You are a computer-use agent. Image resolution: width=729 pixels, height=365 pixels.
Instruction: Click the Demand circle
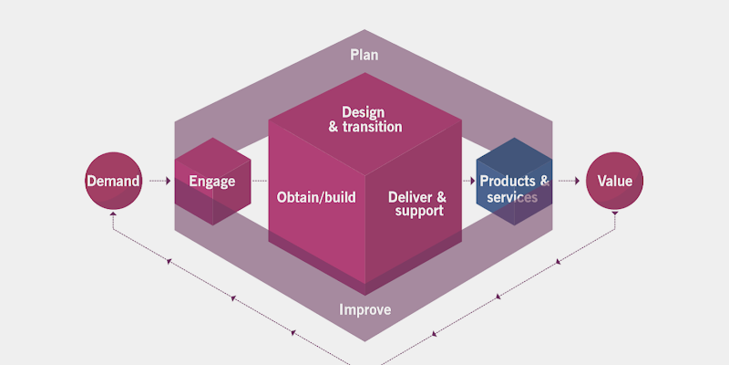tap(113, 181)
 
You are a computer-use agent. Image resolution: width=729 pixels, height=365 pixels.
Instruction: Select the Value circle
tap(614, 181)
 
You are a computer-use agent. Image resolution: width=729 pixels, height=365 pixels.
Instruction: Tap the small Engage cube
tap(212, 181)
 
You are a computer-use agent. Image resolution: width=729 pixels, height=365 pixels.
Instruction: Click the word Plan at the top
tap(364, 55)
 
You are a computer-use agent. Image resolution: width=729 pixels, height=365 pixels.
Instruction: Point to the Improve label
tap(364, 310)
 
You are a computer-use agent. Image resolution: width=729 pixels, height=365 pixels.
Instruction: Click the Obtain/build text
tap(315, 196)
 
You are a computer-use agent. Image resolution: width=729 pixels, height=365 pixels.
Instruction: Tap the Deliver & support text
tap(417, 203)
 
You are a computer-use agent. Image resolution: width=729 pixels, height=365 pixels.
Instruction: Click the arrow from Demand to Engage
tap(159, 181)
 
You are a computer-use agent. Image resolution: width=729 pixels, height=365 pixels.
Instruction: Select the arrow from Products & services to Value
tap(570, 181)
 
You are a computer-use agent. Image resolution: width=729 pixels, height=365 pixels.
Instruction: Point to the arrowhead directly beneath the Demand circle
tap(113, 215)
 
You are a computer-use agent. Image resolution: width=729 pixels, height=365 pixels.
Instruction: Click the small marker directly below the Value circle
tap(614, 214)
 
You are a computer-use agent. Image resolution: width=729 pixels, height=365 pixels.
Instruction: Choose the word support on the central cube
tap(419, 212)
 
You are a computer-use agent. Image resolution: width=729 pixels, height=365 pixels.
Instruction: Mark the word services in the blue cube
tap(512, 197)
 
